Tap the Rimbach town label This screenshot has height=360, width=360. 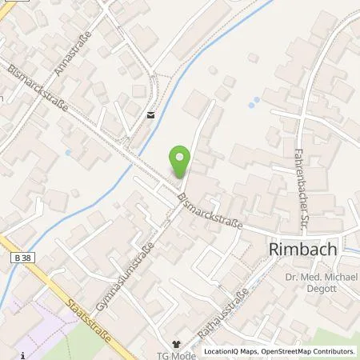coord(301,250)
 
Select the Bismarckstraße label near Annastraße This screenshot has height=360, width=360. coord(36,90)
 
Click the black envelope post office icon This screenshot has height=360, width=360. coord(150,114)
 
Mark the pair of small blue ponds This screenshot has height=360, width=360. coord(254,103)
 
